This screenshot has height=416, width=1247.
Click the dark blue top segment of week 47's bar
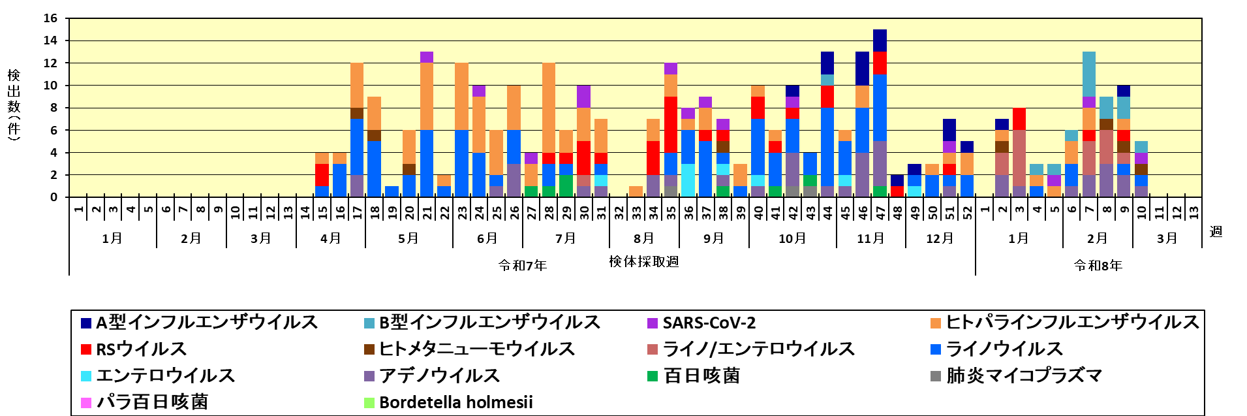tap(880, 40)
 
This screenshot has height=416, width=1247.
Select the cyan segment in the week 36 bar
tap(688, 180)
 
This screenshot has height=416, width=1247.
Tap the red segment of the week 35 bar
tap(670, 124)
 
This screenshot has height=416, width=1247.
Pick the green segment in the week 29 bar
tap(566, 185)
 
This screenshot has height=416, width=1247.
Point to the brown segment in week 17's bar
tap(357, 113)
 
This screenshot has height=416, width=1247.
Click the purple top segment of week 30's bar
tap(583, 97)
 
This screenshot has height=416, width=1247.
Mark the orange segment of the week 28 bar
tap(549, 108)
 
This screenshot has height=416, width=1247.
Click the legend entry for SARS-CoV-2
tap(709, 323)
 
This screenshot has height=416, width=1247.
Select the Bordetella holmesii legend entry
tap(455, 402)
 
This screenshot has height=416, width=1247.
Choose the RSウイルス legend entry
tap(141, 349)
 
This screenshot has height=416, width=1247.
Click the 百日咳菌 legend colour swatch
tap(652, 376)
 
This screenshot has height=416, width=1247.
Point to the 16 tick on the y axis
tap(51, 18)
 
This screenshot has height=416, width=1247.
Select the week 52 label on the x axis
tap(967, 212)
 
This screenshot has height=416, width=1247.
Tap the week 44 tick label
tap(827, 212)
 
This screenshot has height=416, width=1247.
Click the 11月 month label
tap(870, 238)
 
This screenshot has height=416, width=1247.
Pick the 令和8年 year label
tap(1098, 265)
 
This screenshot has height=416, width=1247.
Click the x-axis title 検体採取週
tap(643, 262)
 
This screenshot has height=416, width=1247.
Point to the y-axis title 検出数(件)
tap(14, 104)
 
